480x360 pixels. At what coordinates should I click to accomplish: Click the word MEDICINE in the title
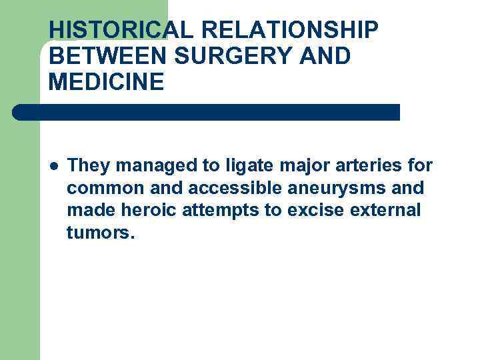click(x=106, y=82)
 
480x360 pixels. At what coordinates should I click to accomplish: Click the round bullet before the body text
click(x=53, y=165)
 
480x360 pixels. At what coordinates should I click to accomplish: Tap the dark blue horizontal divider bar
click(x=207, y=112)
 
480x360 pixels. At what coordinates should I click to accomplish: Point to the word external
click(x=389, y=211)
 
